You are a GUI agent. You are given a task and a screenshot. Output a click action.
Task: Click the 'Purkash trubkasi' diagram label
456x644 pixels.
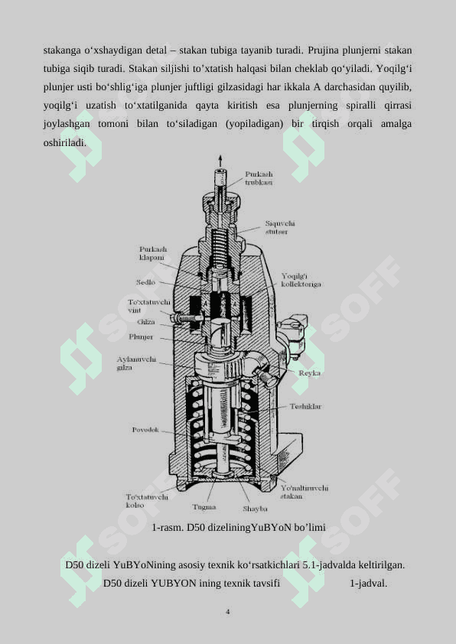(x=259, y=178)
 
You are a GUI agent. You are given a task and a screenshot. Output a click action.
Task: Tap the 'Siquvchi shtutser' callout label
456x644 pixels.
(x=280, y=227)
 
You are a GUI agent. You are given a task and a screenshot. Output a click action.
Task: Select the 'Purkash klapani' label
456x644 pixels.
(x=153, y=253)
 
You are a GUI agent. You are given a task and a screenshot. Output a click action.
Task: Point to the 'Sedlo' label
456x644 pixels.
(x=146, y=282)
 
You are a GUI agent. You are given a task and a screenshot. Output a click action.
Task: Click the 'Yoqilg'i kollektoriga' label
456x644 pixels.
(x=301, y=280)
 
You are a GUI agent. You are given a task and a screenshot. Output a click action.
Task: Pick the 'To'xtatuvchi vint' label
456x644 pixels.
(x=148, y=306)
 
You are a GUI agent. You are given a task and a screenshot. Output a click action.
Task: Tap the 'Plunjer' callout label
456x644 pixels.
(x=141, y=337)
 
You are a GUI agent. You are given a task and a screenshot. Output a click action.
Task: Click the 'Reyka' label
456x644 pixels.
(x=309, y=373)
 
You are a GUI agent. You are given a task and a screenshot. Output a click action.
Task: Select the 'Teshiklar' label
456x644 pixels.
(x=305, y=406)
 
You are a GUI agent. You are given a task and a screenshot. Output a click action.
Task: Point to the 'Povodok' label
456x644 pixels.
(x=145, y=430)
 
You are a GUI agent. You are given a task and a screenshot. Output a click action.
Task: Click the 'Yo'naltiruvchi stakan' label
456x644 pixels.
(x=305, y=492)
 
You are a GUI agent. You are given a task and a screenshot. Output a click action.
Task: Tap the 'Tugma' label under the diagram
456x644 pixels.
(x=204, y=507)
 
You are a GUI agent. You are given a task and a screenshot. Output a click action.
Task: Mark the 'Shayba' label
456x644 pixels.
(x=255, y=509)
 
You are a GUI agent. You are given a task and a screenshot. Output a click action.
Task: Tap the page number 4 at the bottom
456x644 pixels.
(x=227, y=612)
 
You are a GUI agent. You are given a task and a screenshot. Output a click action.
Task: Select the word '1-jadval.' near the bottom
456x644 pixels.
(x=368, y=584)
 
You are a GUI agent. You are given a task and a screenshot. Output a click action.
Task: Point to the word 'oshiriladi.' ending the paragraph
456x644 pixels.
(x=65, y=142)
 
